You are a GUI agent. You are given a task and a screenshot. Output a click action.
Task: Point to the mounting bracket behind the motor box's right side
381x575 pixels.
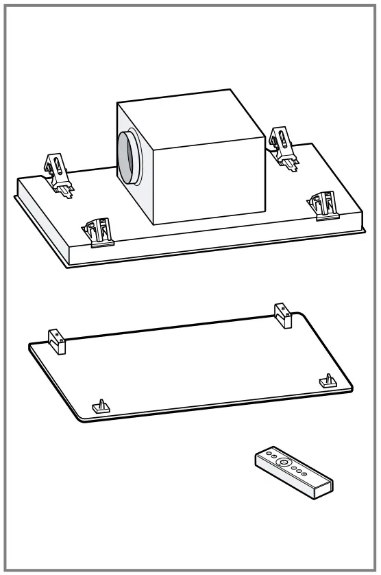[282, 146]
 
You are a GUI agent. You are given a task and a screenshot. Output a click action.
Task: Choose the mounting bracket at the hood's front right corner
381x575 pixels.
[323, 204]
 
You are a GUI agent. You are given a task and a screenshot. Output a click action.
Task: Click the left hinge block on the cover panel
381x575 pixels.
[56, 341]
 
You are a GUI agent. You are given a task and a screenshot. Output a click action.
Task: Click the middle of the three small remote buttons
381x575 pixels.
[298, 470]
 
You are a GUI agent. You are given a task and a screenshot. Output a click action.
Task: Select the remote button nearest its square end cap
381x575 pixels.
[304, 473]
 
